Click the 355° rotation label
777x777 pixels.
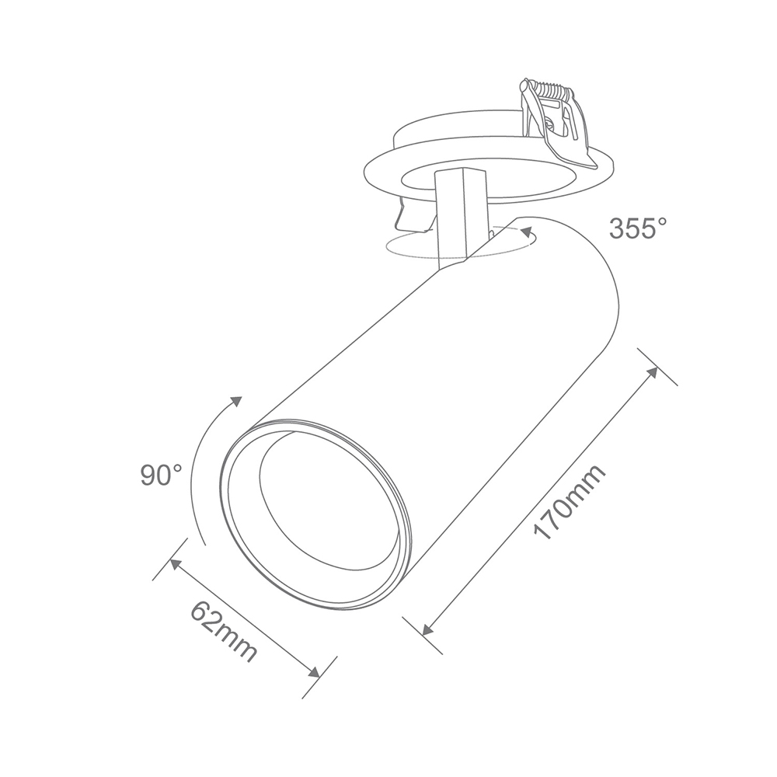click(638, 228)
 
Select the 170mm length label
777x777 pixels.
click(570, 503)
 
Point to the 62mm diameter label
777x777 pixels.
click(225, 631)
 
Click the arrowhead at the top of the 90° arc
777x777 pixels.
click(236, 402)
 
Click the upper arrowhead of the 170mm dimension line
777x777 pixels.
click(653, 372)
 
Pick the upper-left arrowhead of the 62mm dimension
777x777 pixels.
click(176, 564)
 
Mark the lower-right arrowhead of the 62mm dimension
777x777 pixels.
click(313, 672)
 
